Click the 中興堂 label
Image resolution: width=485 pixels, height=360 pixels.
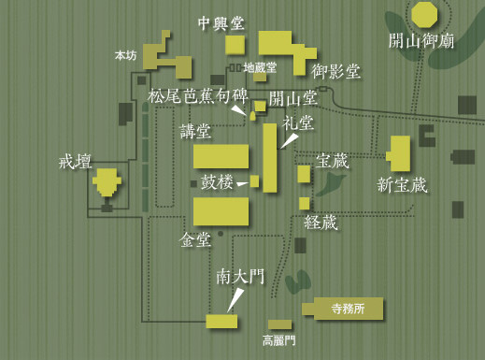(x=221, y=23)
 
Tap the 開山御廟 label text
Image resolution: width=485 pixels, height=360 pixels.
(x=421, y=40)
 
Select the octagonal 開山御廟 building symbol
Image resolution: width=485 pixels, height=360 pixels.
(x=424, y=14)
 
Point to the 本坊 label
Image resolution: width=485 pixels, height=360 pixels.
(x=125, y=56)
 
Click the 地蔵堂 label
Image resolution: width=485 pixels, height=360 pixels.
(x=260, y=67)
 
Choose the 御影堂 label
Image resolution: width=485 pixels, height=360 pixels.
(x=335, y=71)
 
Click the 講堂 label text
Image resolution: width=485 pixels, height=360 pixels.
(x=195, y=132)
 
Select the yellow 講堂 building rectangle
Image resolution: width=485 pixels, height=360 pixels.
(x=221, y=156)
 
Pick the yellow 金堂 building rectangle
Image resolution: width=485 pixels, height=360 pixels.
(x=221, y=211)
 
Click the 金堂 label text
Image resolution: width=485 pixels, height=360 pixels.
(x=195, y=240)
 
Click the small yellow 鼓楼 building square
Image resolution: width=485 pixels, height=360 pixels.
(x=254, y=180)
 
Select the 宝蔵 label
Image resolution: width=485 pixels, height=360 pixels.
(x=332, y=161)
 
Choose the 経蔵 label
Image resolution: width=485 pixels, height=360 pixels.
(x=321, y=223)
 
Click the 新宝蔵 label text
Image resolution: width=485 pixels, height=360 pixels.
(x=402, y=185)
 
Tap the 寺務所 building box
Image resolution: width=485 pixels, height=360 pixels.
(x=342, y=310)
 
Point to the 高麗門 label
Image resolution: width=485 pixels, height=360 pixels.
(x=278, y=341)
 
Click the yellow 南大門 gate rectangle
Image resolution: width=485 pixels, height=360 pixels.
(x=221, y=321)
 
